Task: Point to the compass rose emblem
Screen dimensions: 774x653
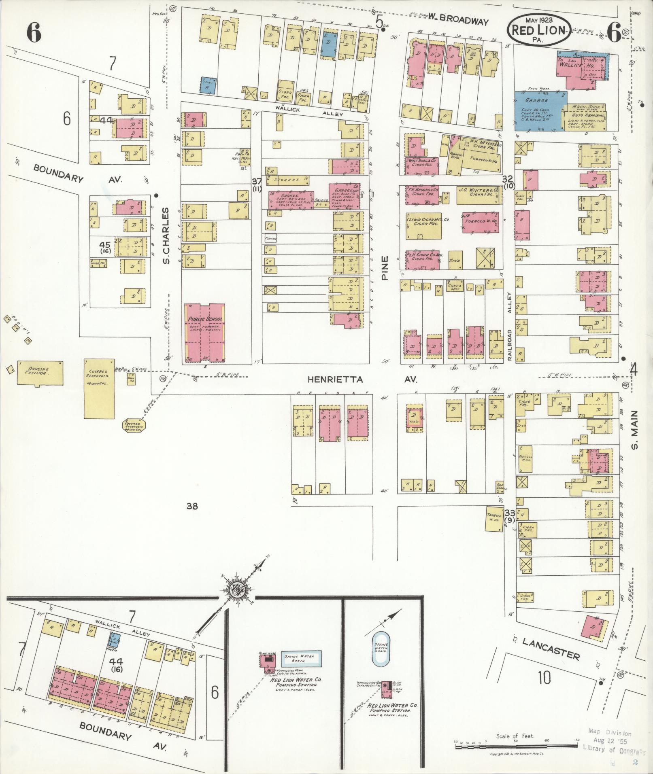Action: tap(236, 590)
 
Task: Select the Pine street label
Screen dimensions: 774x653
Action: tap(385, 267)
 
